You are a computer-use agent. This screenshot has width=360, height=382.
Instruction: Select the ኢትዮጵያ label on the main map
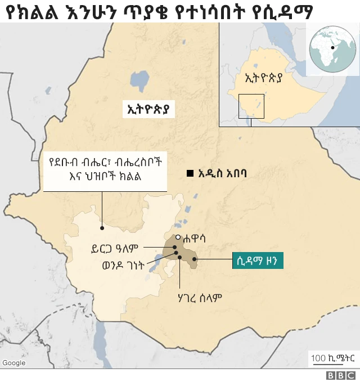click(x=148, y=108)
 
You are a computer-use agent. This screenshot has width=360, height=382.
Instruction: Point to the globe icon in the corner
click(x=331, y=49)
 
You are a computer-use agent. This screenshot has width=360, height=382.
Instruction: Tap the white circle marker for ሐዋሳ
click(x=178, y=237)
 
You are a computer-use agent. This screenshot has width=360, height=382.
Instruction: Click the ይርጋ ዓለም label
click(x=118, y=247)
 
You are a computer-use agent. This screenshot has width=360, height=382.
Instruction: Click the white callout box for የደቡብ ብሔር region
click(x=105, y=170)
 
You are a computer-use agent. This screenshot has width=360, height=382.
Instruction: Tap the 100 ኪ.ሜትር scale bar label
click(x=334, y=357)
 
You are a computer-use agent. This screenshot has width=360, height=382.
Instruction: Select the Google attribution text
click(x=14, y=363)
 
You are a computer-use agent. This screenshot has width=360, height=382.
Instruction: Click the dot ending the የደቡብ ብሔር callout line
click(x=102, y=228)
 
